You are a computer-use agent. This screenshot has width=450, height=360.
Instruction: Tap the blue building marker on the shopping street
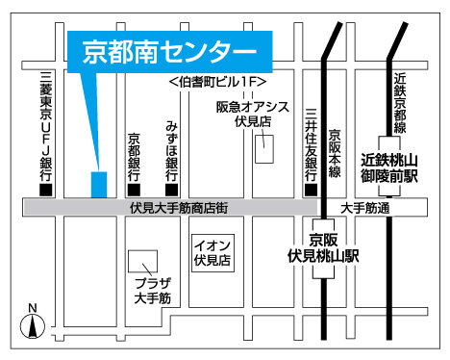99,183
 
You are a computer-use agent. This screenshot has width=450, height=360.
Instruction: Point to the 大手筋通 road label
364,207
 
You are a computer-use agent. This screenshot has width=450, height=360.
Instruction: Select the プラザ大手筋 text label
152,292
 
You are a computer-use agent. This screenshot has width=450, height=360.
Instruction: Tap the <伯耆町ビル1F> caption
216,83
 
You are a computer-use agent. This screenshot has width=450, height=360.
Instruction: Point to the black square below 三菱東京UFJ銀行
44,188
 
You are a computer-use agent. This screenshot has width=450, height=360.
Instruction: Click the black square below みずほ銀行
170,188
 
